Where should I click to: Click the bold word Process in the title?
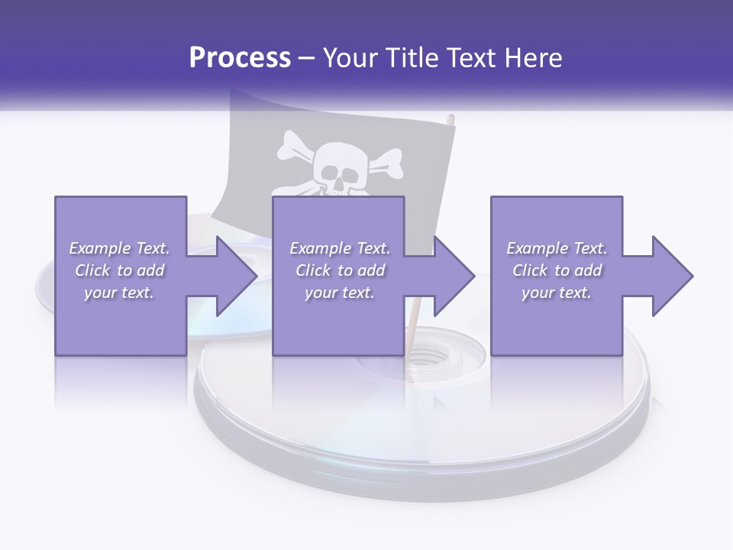pos(240,57)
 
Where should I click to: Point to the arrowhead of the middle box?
pos(454,276)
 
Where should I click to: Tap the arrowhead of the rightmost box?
pos(672,276)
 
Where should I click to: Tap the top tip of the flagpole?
pos(451,118)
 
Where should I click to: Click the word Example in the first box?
pos(98,248)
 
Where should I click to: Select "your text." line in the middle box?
pos(339,293)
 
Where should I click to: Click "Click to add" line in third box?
pos(557,270)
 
